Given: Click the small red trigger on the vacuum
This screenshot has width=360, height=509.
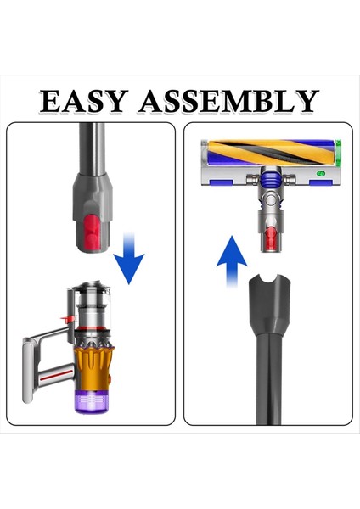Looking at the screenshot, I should (65, 319).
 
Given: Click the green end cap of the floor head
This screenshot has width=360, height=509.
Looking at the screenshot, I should (339, 153).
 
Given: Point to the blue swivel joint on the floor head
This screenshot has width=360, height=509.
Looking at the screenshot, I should (270, 178).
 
